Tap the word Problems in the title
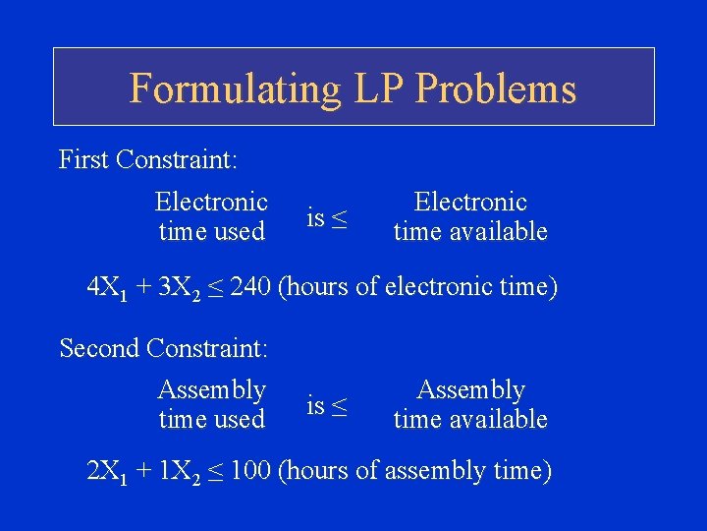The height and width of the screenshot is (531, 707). coord(496,88)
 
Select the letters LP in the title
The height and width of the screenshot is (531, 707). coord(372,88)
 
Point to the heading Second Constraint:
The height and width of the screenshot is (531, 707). coord(164,347)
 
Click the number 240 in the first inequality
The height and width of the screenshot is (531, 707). coord(251,287)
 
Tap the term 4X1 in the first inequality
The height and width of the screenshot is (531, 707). coord(105,288)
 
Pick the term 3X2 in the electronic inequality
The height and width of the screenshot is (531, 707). coord(178,288)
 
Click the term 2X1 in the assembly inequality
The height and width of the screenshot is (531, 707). coord(105,472)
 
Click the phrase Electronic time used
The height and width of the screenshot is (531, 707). coord(211,216)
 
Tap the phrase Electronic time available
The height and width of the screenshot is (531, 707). coord(470,216)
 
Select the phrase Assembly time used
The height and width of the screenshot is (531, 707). coord(211,404)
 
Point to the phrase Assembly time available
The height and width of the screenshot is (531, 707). coord(470,404)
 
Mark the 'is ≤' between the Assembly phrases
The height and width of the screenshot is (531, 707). coord(326,404)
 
